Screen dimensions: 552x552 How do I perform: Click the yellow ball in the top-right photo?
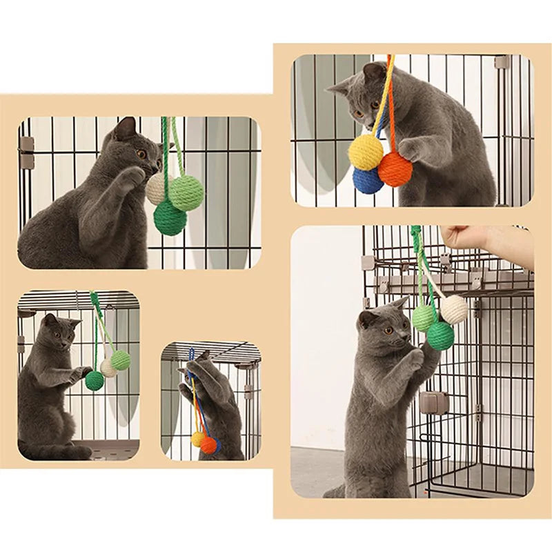366,152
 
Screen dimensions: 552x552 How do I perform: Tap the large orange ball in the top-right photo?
395,170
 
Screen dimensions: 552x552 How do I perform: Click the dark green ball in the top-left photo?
170,218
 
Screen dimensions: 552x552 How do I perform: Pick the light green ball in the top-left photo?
186,193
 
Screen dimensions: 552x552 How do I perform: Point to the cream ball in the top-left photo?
156,189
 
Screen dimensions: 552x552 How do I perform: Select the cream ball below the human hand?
454,309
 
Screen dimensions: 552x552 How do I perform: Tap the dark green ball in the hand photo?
440,335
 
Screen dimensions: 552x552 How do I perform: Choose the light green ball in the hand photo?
424,317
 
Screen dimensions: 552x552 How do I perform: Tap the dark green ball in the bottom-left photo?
95,380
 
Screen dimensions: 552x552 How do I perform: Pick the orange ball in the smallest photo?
208,445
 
